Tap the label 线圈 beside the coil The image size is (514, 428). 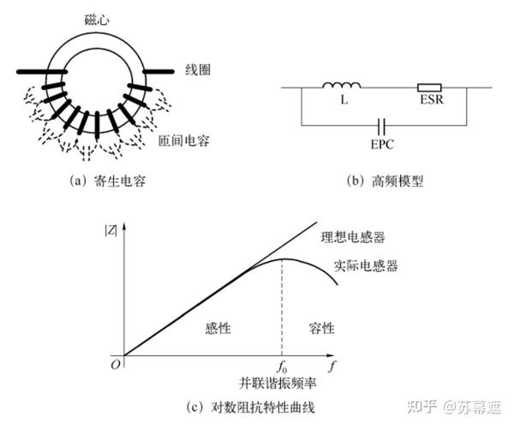tap(199, 68)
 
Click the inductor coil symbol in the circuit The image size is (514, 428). tap(342, 84)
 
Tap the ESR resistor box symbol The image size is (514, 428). tap(428, 86)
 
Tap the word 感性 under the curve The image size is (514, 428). tap(219, 328)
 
